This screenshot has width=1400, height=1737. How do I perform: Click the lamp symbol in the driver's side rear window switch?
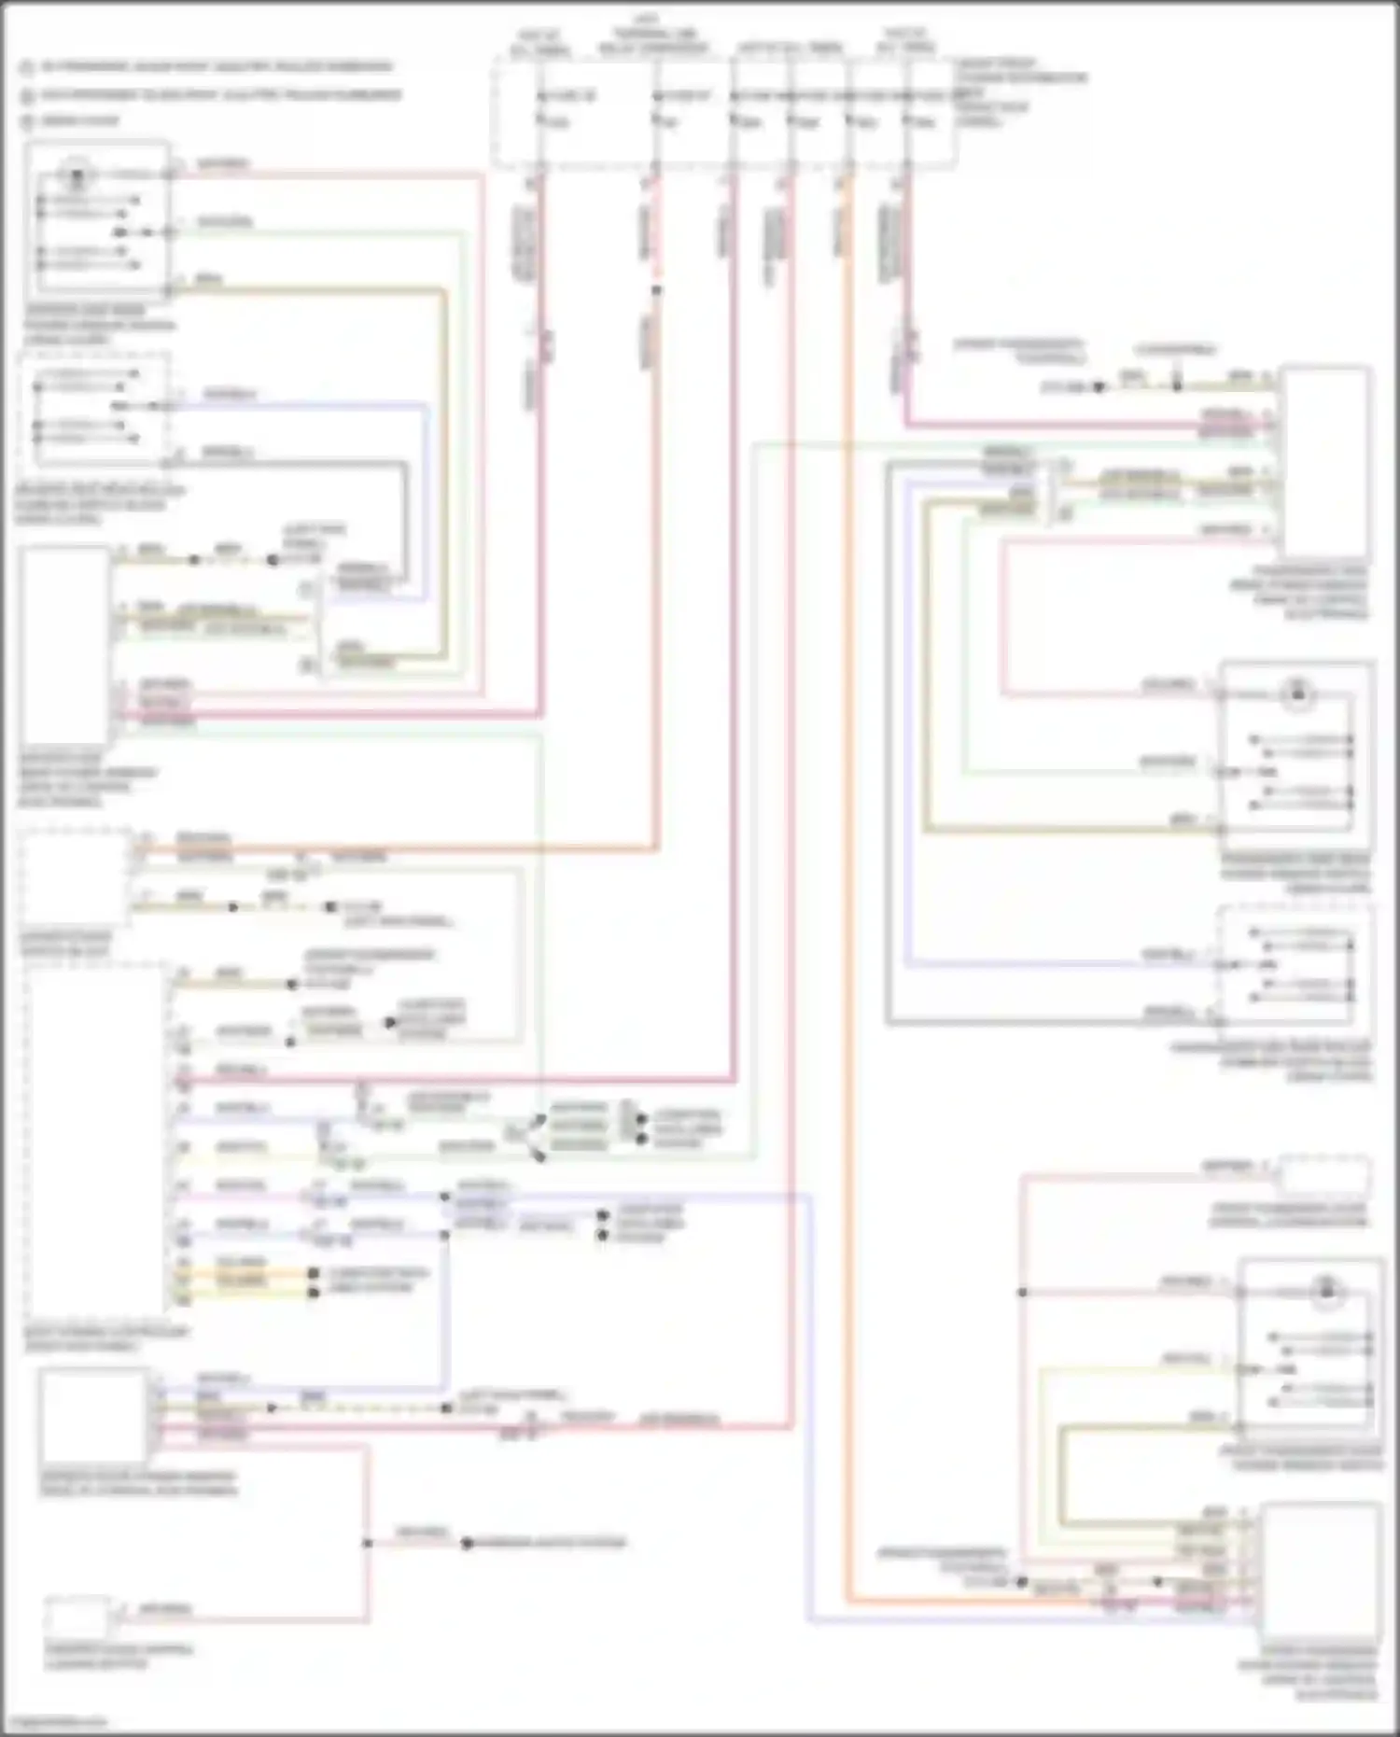(77, 174)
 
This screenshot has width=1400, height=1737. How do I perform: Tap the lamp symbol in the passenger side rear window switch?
(1297, 693)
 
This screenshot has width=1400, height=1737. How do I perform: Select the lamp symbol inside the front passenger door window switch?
(1325, 1293)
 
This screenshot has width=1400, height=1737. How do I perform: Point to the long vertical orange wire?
(847, 840)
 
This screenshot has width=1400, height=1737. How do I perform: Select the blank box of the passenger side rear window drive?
(1325, 462)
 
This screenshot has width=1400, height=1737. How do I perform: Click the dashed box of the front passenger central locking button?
(1323, 1175)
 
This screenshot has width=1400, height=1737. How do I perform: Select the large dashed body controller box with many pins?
(96, 1139)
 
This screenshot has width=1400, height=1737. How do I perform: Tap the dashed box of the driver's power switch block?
(75, 877)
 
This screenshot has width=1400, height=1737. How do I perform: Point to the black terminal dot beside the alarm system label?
(467, 1544)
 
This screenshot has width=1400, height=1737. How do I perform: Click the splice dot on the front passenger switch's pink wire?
(1022, 1293)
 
